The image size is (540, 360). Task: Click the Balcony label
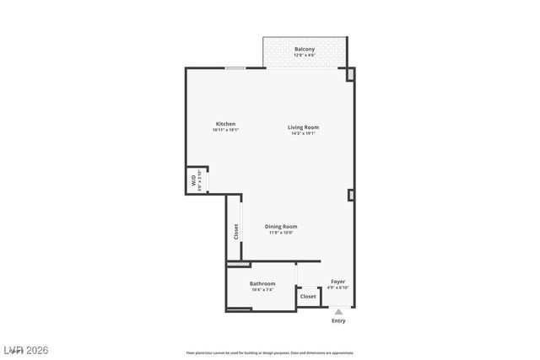(x=305, y=50)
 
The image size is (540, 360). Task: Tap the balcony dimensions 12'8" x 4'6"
(x=305, y=56)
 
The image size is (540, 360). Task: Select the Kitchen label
(x=225, y=124)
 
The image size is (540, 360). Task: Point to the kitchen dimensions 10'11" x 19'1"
(x=225, y=131)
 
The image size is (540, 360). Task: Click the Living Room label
(x=304, y=127)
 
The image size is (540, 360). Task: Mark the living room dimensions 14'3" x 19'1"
(x=304, y=134)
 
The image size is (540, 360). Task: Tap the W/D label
(x=194, y=180)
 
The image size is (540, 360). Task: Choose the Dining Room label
(x=281, y=226)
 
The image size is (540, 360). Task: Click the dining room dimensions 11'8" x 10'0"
(x=281, y=233)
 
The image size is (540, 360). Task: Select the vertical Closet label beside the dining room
(x=235, y=231)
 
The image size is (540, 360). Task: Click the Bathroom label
(x=262, y=283)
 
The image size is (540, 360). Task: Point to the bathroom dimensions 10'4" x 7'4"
(x=262, y=290)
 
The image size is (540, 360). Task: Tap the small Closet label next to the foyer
(x=308, y=297)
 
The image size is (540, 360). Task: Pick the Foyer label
(x=337, y=282)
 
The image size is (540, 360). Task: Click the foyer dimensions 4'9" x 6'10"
(x=337, y=288)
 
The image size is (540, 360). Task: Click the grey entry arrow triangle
(x=338, y=312)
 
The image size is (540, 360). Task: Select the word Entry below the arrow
(x=338, y=321)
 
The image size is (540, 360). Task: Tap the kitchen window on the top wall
(x=235, y=68)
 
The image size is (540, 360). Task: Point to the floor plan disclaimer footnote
(x=270, y=353)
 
